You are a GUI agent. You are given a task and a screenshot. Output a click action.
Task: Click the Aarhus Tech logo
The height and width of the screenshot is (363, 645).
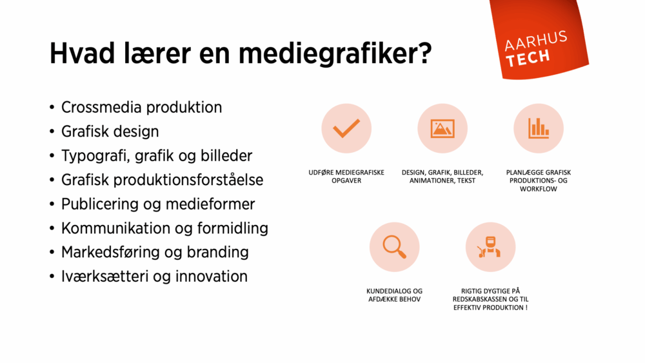tap(537, 48)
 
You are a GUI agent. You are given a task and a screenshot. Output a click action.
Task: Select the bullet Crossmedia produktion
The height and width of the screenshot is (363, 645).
tap(141, 107)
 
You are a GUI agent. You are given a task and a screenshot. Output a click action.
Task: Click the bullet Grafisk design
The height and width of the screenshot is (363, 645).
tap(110, 132)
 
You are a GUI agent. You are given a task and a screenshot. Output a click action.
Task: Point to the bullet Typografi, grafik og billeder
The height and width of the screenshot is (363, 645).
tap(156, 155)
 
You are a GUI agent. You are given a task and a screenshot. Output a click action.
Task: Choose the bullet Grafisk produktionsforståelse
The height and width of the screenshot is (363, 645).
tap(162, 180)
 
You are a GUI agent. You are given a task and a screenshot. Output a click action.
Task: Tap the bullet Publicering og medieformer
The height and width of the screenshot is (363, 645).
tap(158, 204)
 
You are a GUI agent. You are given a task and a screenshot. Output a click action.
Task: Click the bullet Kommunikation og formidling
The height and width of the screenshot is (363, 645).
tap(164, 228)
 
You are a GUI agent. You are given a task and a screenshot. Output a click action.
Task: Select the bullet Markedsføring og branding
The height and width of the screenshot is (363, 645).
tap(155, 252)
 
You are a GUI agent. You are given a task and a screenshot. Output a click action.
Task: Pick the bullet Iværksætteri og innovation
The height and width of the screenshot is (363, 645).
tap(154, 277)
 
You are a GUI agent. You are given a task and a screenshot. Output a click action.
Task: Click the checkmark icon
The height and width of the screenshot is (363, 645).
tap(346, 128)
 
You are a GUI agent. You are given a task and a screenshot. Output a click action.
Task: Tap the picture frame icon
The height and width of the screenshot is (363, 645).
tap(442, 128)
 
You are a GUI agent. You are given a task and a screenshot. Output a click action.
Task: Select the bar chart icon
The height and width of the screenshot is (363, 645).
tap(538, 128)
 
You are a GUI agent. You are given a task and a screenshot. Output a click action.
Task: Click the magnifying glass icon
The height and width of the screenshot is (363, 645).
tap(394, 247)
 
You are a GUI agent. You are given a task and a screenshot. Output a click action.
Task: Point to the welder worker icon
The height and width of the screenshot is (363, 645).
tap(490, 247)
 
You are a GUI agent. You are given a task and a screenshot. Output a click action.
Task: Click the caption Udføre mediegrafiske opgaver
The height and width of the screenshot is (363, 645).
tap(346, 177)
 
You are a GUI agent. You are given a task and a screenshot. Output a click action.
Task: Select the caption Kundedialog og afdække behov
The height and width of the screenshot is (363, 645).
tap(394, 295)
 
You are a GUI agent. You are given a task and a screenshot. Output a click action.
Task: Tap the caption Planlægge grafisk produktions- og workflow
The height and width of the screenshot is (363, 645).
tap(538, 181)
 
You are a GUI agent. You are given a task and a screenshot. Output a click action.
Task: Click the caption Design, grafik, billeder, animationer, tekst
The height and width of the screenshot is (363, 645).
tap(442, 177)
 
